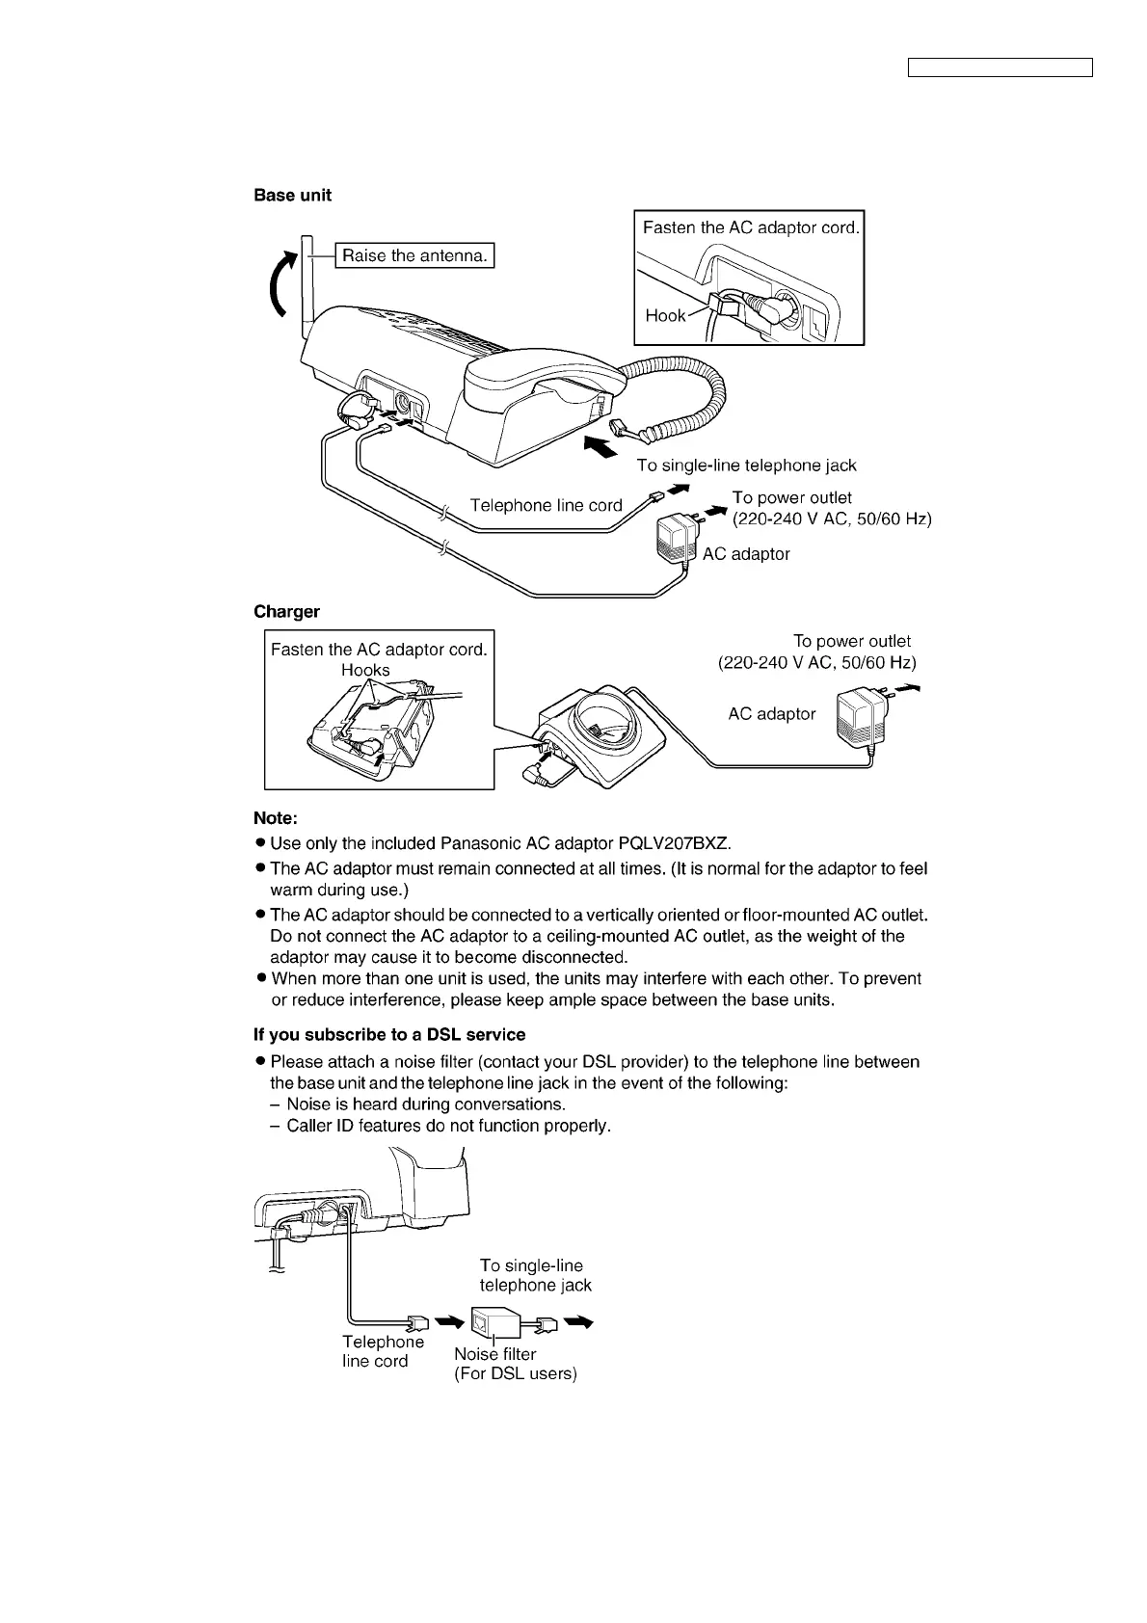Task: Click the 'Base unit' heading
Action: pos(292,196)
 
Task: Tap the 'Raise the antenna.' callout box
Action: pos(414,255)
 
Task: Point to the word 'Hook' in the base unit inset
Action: pos(665,315)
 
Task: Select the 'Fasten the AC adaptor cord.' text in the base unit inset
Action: pos(750,228)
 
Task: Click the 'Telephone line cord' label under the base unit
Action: pos(546,505)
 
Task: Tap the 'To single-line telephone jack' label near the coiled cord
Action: pos(746,466)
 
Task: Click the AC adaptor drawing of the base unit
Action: pos(675,539)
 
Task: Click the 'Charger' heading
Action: pos(286,612)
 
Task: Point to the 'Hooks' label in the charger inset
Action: pos(365,670)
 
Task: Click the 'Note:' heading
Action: pos(276,818)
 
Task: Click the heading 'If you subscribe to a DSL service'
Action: pos(389,1035)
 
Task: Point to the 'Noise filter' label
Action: pos(494,1354)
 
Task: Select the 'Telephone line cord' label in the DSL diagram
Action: pos(383,1351)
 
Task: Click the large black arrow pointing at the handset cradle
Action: pos(600,448)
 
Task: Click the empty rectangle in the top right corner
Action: pos(1000,67)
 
